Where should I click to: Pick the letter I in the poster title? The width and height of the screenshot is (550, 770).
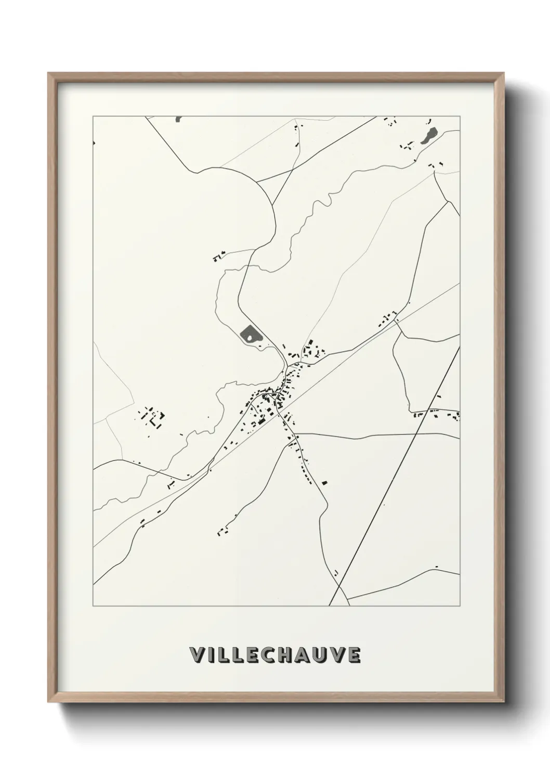tap(212, 656)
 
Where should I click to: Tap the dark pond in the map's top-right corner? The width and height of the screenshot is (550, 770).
tap(429, 136)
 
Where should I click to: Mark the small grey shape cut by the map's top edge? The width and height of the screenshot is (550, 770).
tap(179, 119)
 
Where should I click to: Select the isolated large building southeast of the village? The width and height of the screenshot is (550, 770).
tap(324, 482)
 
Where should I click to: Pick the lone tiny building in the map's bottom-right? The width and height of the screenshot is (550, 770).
tap(436, 566)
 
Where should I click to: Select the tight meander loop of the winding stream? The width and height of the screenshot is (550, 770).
tap(328, 199)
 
